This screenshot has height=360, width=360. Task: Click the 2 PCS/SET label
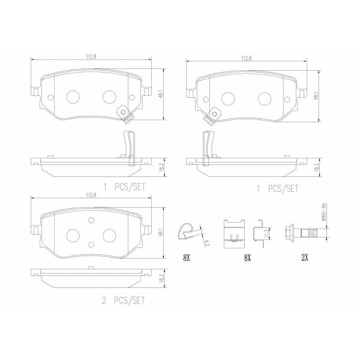click(124, 299)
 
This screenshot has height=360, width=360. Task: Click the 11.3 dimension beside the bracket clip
click(266, 232)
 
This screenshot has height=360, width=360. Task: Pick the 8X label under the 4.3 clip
click(187, 258)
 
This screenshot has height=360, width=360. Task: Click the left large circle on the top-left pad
click(73, 97)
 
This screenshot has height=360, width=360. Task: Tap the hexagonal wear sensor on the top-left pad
click(123, 112)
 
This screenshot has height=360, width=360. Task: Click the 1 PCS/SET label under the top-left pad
click(124, 187)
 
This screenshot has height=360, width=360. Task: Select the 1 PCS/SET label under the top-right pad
click(278, 188)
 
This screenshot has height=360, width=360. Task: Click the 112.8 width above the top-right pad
click(246, 59)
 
